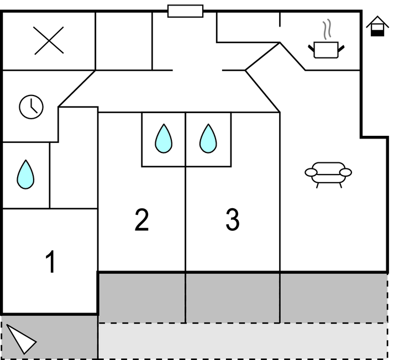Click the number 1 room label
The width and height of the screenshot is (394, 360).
coord(50,262)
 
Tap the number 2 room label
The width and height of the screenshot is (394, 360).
coord(142,220)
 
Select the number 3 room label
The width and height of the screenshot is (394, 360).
coord(233,220)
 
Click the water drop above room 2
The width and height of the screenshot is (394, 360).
coord(164,139)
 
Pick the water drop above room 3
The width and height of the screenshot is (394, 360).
coord(208,139)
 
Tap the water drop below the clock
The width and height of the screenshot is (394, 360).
coord(25,174)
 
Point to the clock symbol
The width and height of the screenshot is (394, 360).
coord(31,107)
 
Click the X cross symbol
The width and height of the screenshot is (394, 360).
coord(49,41)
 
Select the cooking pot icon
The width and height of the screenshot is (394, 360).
coord(326,50)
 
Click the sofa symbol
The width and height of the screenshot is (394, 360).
coord(328,173)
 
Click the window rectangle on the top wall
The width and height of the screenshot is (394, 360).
coord(185,11)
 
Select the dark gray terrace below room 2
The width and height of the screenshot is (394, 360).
coord(142,297)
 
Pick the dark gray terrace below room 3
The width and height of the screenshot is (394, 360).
coord(233,297)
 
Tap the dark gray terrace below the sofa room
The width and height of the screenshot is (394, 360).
coord(333,297)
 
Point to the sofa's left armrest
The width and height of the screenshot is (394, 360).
coord(311,173)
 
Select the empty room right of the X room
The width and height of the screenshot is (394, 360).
coord(123,41)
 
